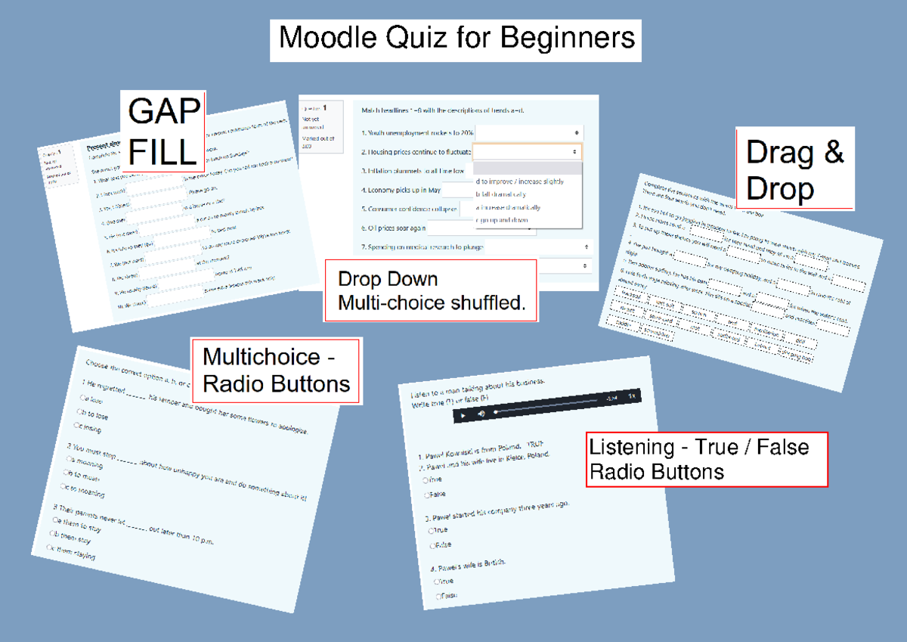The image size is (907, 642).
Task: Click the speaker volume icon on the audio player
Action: point(481,414)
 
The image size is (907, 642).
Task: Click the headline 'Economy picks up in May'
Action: point(401,191)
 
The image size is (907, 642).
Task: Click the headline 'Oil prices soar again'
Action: point(393,227)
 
